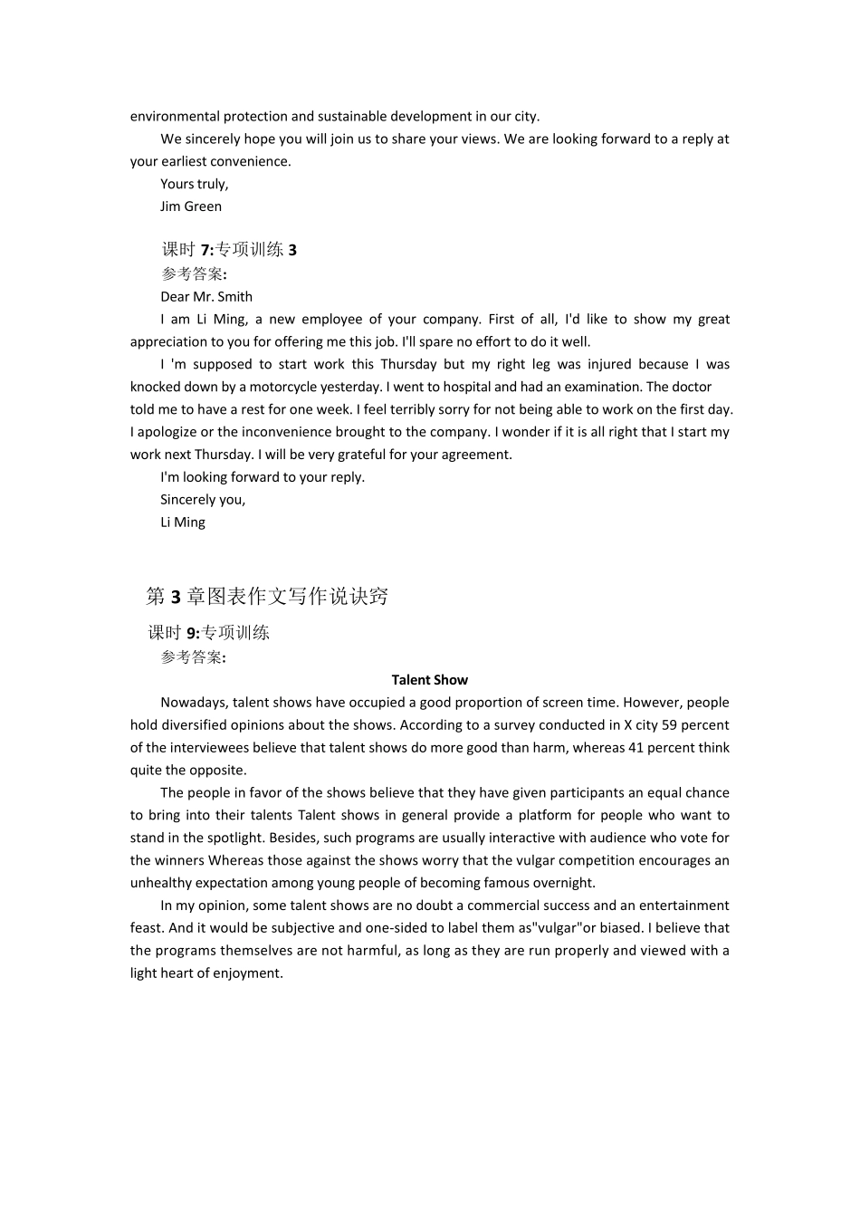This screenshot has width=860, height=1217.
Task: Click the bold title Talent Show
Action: pos(430,680)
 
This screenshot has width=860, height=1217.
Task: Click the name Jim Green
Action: pos(191,206)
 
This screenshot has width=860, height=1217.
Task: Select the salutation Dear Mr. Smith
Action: pos(206,297)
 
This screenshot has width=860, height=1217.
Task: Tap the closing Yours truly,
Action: pos(195,184)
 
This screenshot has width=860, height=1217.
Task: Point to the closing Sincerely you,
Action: pos(203,500)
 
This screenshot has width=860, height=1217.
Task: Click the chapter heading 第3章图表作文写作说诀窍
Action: pos(267,597)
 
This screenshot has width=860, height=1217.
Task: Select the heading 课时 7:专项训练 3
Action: pos(229,250)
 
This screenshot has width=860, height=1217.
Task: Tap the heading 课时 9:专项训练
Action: pos(209,633)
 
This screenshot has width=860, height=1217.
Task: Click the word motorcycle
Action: pos(284,388)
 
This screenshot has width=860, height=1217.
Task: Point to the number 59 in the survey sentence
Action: pos(668,725)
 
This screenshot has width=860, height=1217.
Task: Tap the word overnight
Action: pos(562,883)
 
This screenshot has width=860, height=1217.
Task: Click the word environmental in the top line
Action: pos(175,117)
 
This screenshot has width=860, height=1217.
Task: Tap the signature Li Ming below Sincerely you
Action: pos(183,522)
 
